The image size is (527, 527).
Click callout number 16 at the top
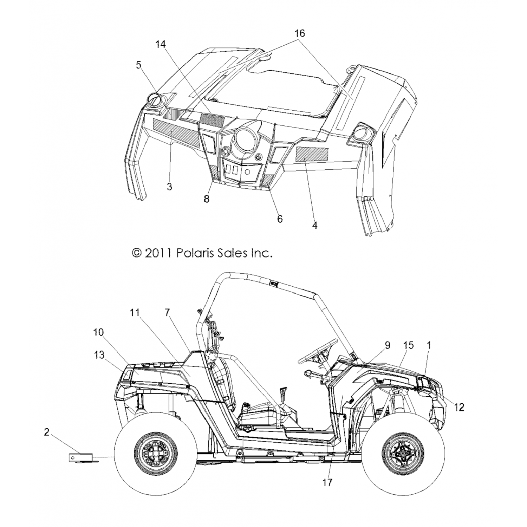300,33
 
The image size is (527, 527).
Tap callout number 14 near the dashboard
161,44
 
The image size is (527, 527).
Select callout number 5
139,65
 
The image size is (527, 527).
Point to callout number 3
169,187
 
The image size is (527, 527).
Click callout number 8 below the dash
207,199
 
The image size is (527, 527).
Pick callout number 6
280,219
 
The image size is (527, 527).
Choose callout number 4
315,225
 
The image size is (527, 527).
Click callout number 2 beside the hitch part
46,432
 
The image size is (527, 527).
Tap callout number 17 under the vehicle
327,483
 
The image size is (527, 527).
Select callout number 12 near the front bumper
459,407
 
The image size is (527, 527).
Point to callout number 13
99,355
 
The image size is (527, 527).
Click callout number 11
135,312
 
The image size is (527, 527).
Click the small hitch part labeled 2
80,458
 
